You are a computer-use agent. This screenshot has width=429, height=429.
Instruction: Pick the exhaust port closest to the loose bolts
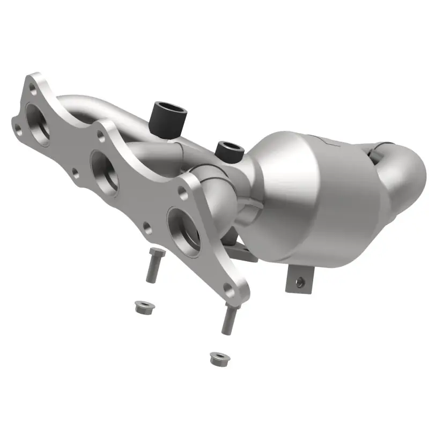pos(184,227)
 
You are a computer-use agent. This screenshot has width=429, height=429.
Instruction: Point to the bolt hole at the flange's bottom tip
pos(229,291)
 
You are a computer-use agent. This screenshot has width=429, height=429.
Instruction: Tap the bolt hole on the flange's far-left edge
pos(19,128)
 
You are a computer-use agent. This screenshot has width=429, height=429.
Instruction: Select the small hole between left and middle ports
pos(75,173)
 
